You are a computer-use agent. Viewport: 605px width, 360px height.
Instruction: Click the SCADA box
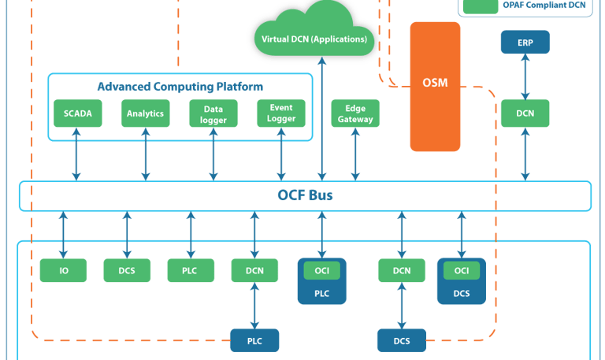pos(78,113)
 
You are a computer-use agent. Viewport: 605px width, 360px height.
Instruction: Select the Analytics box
pos(146,113)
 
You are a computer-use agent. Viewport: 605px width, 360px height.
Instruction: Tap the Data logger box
pos(213,113)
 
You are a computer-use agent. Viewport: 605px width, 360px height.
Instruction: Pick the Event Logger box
pos(281,113)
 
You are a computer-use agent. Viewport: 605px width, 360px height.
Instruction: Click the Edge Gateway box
pos(355,113)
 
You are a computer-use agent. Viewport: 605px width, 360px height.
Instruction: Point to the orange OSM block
pos(435,87)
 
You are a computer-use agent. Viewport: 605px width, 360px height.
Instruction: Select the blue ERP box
pos(525,43)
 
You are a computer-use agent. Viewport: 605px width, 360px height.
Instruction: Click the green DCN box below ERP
pos(525,113)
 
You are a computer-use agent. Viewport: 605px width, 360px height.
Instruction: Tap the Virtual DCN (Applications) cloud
pos(314,39)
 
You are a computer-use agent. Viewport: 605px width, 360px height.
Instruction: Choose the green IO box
pos(63,270)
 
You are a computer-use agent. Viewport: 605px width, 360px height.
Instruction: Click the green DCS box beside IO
pos(127,270)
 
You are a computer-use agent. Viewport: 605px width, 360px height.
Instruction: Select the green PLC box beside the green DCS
pos(191,270)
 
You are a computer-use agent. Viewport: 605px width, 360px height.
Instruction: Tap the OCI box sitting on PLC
pos(321,270)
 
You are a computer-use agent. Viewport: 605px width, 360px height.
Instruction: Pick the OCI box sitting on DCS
pos(462,270)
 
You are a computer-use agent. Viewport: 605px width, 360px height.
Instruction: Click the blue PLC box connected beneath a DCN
pos(254,340)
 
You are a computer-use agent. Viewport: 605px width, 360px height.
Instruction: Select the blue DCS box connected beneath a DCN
pos(401,341)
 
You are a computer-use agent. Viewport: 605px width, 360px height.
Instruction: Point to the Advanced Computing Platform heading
pos(180,85)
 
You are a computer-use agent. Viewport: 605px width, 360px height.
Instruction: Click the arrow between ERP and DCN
pos(525,78)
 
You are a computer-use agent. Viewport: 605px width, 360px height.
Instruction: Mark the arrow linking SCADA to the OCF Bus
pos(77,154)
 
